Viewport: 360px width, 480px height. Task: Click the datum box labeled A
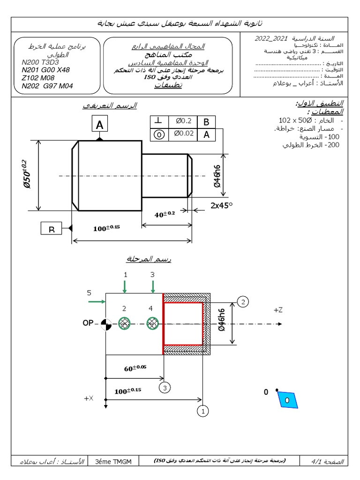coord(99,125)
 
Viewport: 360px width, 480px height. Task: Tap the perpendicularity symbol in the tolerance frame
coord(159,121)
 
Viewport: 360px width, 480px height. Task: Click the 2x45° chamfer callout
coord(221,205)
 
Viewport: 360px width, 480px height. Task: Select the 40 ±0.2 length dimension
coord(165,214)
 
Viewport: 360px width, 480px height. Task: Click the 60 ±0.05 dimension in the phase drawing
coord(135,368)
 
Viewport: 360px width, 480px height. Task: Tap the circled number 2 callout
coord(242,301)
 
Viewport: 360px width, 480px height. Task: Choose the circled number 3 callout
coord(164,388)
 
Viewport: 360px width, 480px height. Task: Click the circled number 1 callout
coord(202,411)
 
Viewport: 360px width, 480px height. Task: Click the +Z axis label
coord(278,310)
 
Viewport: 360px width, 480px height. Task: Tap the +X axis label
coord(89,398)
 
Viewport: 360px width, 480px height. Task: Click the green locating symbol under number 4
coord(152,323)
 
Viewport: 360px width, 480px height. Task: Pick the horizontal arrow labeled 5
coord(96,302)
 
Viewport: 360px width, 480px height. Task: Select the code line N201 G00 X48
coord(46,70)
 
